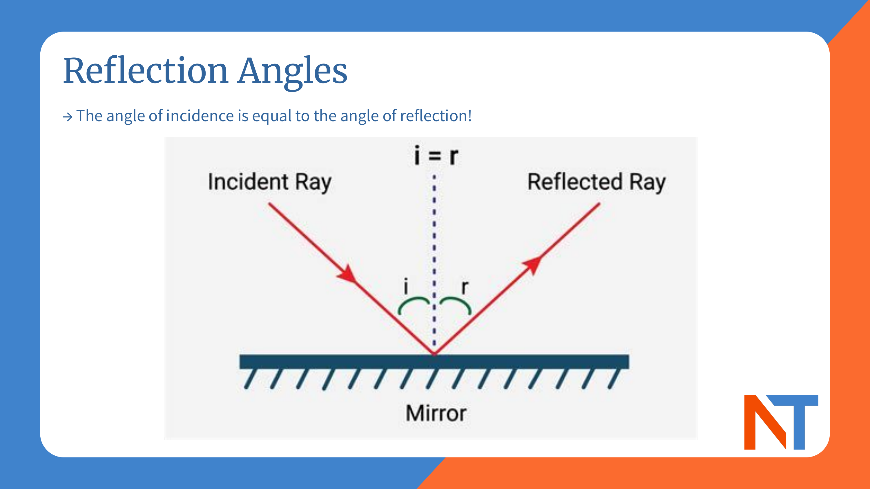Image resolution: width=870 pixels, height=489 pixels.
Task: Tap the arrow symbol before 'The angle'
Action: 68,117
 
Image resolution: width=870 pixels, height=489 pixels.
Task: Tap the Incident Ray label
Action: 269,182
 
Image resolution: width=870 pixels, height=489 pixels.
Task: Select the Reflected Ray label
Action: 597,182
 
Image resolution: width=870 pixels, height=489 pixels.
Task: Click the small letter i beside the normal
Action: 406,286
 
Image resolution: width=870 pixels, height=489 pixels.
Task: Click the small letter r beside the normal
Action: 465,287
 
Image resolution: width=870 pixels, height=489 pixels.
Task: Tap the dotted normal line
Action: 434,236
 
